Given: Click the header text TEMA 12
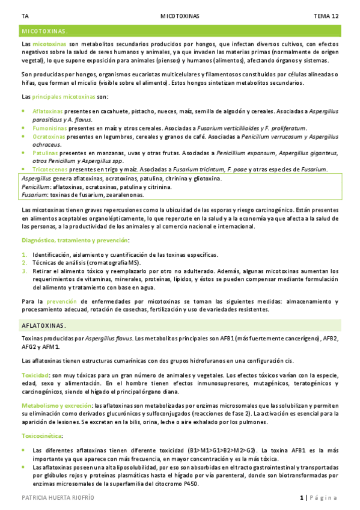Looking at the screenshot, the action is [x=326, y=16].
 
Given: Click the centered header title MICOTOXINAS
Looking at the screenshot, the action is [x=180, y=16].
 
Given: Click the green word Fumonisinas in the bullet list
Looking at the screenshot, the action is [x=50, y=128].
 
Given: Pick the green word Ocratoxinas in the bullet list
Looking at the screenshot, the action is [x=49, y=137].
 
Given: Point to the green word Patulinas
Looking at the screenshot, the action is [x=46, y=153].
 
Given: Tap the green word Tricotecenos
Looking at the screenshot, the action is [x=50, y=170].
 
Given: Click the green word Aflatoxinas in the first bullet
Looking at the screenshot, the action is [x=49, y=111].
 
